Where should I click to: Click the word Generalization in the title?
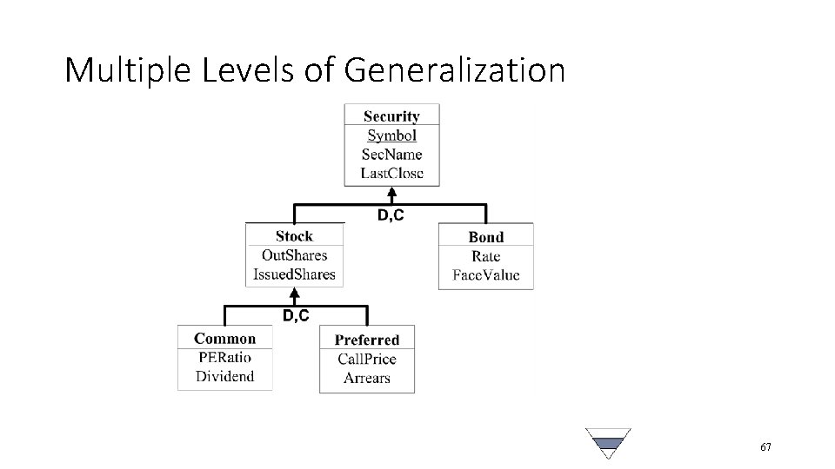point(454,70)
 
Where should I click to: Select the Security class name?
point(391,116)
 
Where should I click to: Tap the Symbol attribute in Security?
point(391,135)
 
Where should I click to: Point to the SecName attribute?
point(391,155)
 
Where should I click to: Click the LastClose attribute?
point(391,173)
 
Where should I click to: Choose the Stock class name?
point(294,236)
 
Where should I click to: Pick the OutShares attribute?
point(294,255)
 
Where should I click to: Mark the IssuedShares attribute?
point(294,274)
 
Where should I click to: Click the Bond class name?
point(485,237)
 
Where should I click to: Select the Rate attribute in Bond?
point(485,256)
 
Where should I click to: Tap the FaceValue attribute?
point(485,275)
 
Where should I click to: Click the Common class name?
point(224,339)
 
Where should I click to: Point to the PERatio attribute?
point(224,357)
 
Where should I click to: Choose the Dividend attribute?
point(224,376)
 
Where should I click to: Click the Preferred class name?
point(366,340)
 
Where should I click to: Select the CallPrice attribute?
point(366,360)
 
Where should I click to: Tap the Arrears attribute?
point(366,378)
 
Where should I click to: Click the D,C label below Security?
point(390,215)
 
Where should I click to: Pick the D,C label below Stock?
point(295,316)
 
